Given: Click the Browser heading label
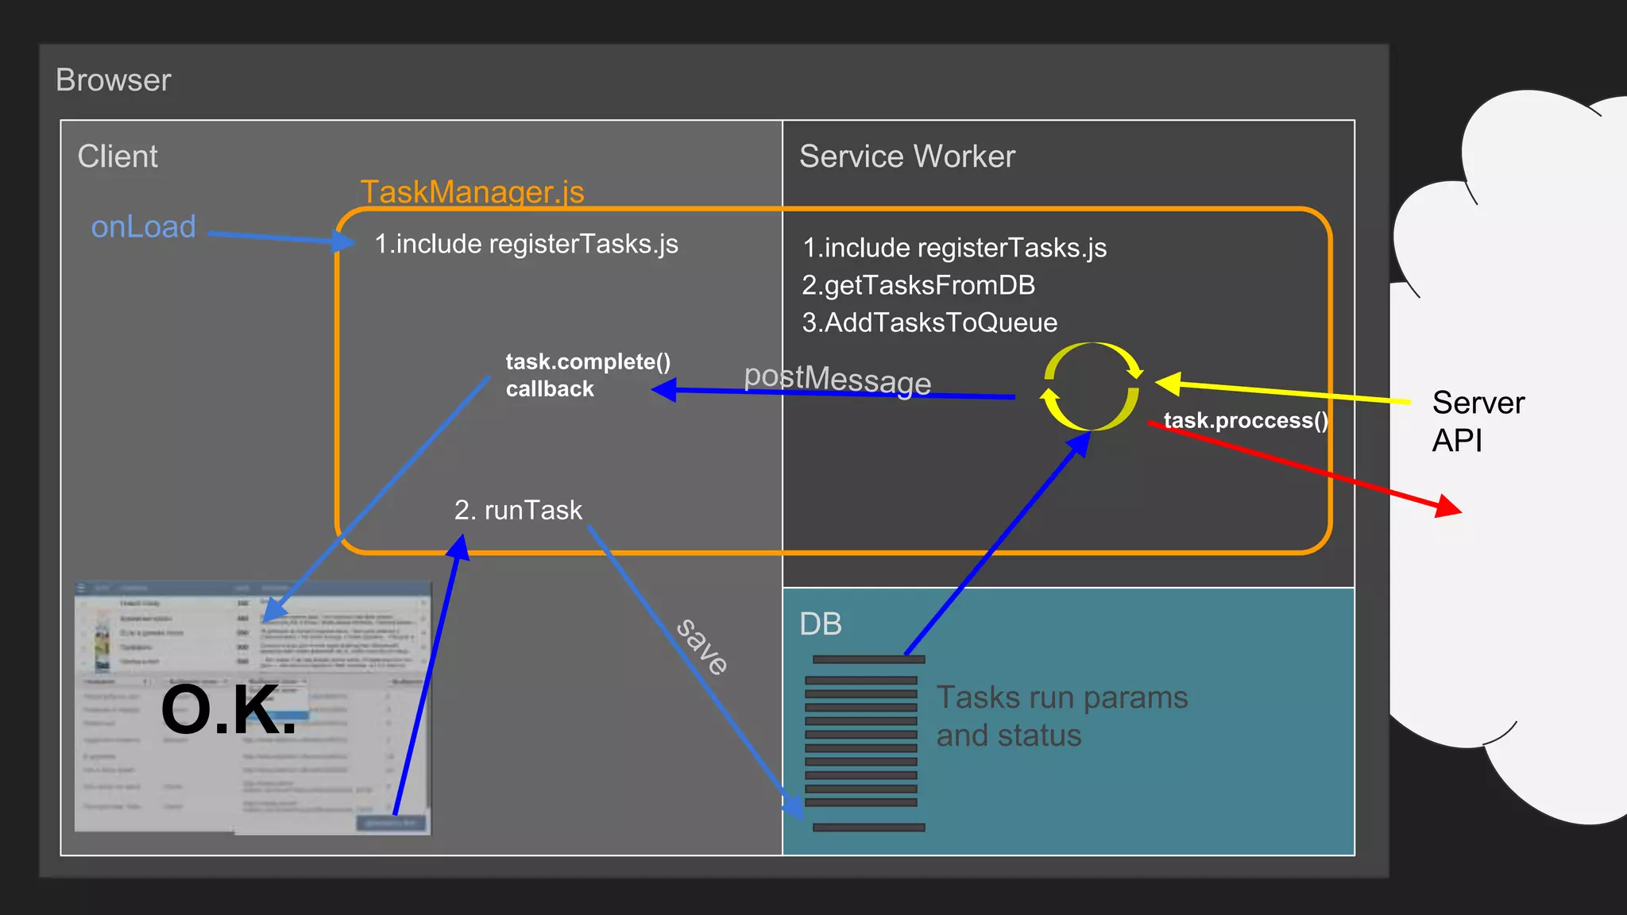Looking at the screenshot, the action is [113, 80].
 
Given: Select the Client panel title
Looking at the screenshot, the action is [118, 156].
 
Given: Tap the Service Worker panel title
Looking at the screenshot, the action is [906, 156].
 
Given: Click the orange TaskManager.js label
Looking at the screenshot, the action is [472, 192].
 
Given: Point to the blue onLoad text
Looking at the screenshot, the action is [143, 227].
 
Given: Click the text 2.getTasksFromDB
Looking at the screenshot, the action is [918, 285].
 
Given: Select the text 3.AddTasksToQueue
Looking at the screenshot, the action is [929, 322].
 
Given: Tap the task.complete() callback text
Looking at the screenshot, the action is [587, 375].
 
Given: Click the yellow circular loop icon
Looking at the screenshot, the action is [1092, 387].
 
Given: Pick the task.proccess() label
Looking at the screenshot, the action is [1245, 420].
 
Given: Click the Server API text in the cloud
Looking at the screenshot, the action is [1477, 422].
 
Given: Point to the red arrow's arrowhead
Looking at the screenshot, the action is [1449, 506].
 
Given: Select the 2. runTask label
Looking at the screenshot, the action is [518, 510].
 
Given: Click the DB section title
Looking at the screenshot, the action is [820, 624].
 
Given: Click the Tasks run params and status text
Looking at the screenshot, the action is [1061, 716].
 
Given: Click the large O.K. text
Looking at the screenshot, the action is [228, 709].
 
